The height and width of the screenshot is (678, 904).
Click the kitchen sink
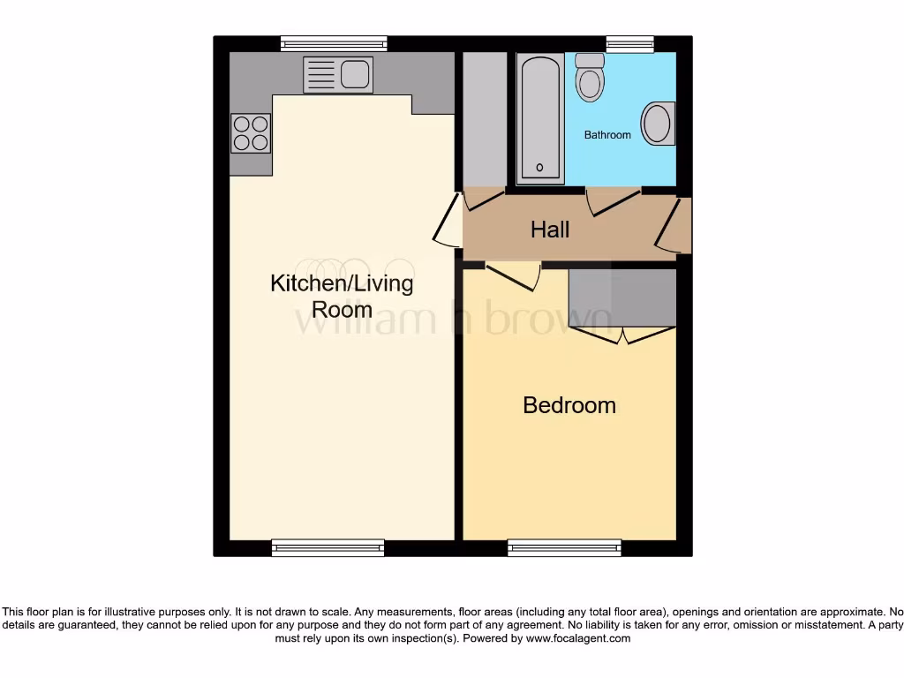[x=337, y=74]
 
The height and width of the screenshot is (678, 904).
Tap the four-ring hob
[x=250, y=133]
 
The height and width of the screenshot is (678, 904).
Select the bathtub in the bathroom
[x=539, y=118]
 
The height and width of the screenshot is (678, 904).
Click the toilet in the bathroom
[x=589, y=77]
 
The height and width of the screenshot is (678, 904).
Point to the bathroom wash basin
[x=658, y=124]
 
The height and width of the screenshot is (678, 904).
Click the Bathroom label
[x=607, y=135]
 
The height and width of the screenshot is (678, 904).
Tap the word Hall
[x=550, y=230]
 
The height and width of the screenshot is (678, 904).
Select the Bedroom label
[x=569, y=405]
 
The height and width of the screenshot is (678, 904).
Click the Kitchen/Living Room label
[x=341, y=297]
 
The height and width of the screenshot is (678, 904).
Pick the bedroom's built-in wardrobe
[x=622, y=298]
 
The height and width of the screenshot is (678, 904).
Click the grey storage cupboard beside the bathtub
[x=485, y=118]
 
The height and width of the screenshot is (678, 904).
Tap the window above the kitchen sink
[x=334, y=42]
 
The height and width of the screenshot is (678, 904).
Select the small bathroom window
[x=629, y=42]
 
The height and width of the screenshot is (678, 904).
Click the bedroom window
[x=564, y=548]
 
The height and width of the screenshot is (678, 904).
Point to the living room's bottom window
[x=328, y=548]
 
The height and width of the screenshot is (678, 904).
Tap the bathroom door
[x=614, y=201]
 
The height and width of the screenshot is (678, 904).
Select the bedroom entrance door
[x=514, y=275]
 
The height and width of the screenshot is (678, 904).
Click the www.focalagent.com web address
[x=578, y=638]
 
